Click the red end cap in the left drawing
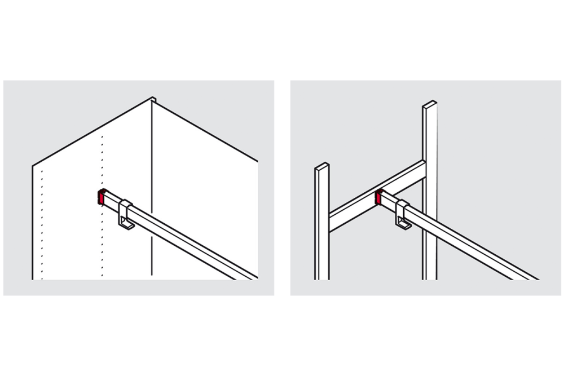[x=101, y=198]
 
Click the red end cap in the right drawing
[x=378, y=197]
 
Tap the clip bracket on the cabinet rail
[x=126, y=211]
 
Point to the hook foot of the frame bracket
[x=404, y=227]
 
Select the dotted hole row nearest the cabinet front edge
[x=41, y=225]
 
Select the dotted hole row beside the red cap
[x=102, y=169]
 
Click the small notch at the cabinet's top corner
[x=153, y=100]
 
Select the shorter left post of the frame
[x=321, y=225]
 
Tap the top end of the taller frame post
[x=430, y=104]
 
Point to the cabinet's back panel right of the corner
[x=203, y=169]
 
